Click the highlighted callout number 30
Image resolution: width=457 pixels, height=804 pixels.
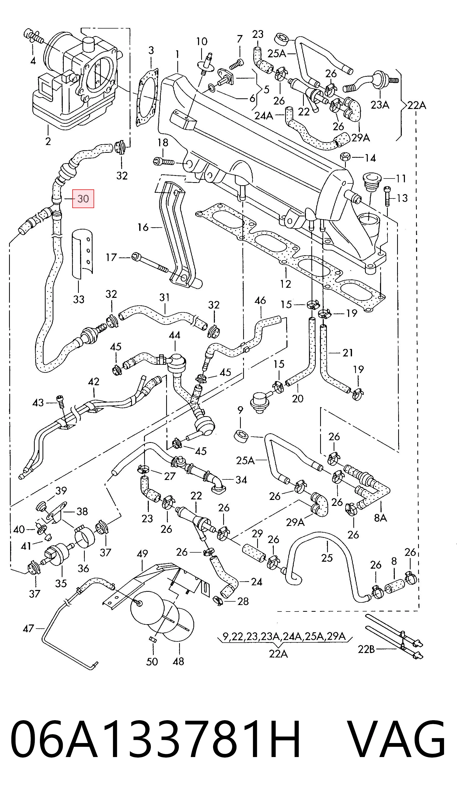coord(83,198)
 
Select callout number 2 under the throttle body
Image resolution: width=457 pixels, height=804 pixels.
coord(48,141)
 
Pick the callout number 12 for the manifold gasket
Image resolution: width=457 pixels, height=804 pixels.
coord(285,284)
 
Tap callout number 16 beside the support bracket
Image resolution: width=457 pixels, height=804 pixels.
coord(143,227)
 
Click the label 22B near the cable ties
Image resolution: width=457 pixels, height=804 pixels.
coord(366,649)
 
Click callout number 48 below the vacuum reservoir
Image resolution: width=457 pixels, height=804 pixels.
coord(178,661)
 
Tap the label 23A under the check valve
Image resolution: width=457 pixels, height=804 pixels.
coord(380,105)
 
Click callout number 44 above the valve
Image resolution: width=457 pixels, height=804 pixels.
coord(174,335)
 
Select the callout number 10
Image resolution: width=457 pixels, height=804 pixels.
coord(202,41)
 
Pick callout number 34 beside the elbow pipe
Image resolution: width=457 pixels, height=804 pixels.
coord(241,480)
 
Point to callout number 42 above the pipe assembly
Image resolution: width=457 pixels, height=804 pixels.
coord(94,381)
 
